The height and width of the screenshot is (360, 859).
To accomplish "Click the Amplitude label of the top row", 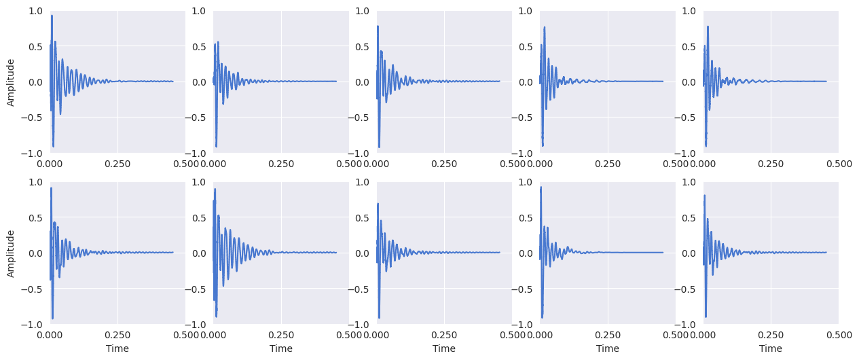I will click(11, 82).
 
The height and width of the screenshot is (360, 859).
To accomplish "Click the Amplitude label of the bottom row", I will click(11, 253).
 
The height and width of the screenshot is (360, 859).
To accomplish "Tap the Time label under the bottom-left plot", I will click(117, 348).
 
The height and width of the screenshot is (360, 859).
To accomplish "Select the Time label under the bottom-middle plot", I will click(444, 348).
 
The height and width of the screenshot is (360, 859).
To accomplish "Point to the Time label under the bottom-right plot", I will click(771, 348).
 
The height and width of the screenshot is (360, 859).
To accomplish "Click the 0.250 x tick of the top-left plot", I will click(117, 164).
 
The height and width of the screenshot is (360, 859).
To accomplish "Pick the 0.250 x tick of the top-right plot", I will click(771, 164).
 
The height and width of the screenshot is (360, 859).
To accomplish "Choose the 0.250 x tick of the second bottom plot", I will click(280, 335).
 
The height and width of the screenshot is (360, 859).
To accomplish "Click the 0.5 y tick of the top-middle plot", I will click(365, 46).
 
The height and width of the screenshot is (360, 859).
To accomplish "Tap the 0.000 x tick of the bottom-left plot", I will click(50, 335).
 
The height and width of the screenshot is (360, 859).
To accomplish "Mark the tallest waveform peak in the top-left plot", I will click(52, 16).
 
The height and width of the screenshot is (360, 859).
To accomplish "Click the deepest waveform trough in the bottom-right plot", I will click(706, 317).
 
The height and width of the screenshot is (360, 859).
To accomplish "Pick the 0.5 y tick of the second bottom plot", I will click(202, 217).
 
